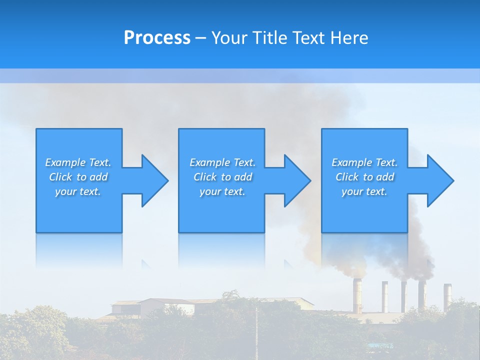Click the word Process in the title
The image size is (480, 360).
[x=157, y=38]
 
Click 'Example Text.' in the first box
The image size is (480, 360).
[x=78, y=162]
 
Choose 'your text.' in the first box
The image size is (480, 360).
[x=78, y=191]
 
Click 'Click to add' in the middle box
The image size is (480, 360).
[x=222, y=177]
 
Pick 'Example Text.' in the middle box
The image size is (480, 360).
[x=222, y=162]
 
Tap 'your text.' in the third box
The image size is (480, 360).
[x=364, y=191]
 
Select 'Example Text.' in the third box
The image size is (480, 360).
[x=364, y=162]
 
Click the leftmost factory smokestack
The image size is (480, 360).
[x=357, y=295]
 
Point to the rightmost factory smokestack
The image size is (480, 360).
[x=447, y=295]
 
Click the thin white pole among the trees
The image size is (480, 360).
[x=256, y=332]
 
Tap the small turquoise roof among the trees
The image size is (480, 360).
[x=380, y=345]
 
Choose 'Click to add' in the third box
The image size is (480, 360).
[x=364, y=177]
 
